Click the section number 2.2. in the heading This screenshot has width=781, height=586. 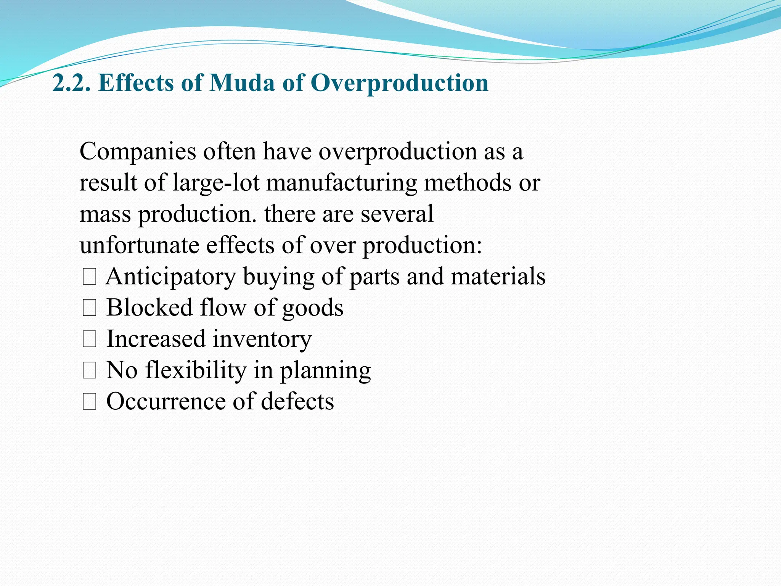[x=72, y=83]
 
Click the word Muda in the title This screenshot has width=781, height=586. [x=242, y=83]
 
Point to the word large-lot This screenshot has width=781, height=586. [x=216, y=183]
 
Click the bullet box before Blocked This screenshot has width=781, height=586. [x=89, y=308]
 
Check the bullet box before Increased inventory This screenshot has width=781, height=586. [x=89, y=340]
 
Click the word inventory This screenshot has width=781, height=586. [x=262, y=339]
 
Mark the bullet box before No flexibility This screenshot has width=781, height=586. [x=89, y=371]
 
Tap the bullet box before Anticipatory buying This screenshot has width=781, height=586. [x=89, y=277]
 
